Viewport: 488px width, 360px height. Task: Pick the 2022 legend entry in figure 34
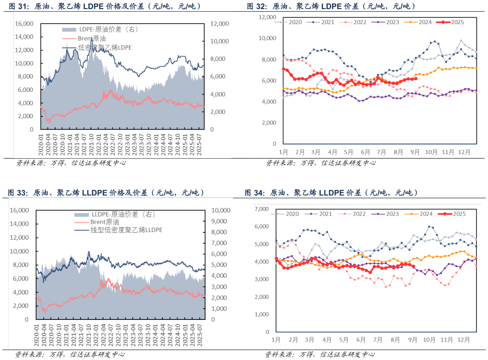(355, 213)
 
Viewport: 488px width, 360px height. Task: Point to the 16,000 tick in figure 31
(24, 24)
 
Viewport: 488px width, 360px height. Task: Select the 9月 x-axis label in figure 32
(416, 152)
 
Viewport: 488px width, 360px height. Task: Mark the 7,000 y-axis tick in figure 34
(261, 209)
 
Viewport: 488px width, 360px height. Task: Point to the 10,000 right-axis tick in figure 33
(222, 210)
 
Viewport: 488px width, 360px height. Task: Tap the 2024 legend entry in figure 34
(425, 213)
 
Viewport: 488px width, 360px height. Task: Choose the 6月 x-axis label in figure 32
(366, 152)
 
